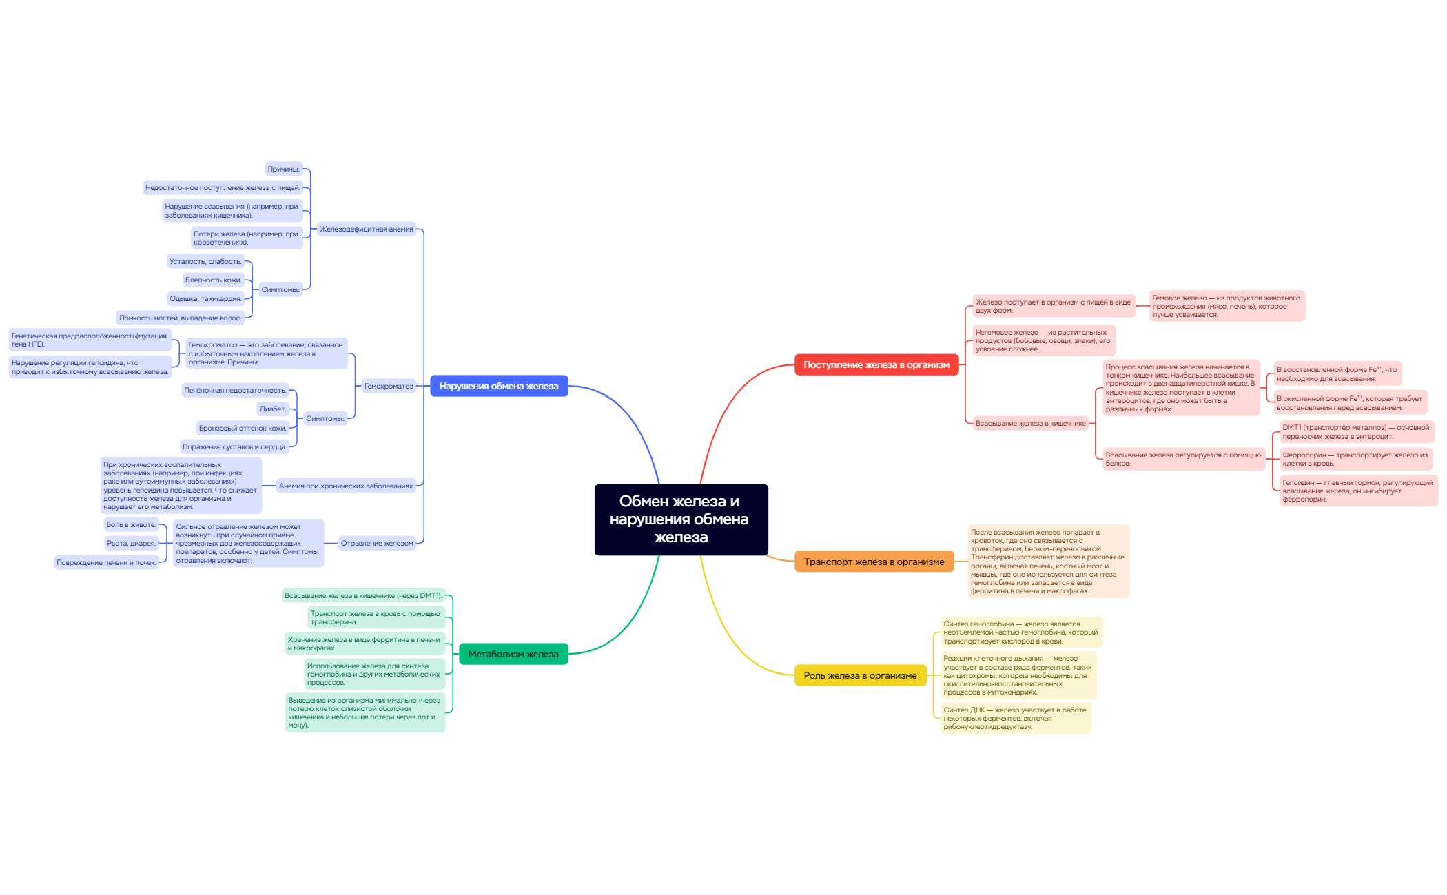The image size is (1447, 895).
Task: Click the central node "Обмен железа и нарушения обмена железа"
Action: [681, 519]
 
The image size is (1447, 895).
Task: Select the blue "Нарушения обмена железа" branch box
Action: [499, 386]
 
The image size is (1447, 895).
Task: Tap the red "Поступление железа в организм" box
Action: [876, 364]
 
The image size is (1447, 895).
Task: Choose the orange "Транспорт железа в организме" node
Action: [874, 562]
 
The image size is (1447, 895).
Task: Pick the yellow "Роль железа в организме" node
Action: [860, 675]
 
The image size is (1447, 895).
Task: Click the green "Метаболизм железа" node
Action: [513, 654]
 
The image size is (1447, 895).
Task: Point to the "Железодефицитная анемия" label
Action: [367, 229]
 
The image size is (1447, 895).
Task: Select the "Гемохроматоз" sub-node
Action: [389, 386]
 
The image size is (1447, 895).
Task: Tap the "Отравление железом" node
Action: [377, 543]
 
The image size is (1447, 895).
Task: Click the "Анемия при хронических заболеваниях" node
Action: [346, 486]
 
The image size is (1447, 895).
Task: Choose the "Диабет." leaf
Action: [273, 409]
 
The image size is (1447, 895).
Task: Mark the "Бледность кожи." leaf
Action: [214, 280]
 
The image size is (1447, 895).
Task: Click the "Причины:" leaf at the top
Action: [284, 169]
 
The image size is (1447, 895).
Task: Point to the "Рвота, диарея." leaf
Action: [132, 543]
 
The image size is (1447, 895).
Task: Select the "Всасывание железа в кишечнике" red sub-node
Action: [1030, 423]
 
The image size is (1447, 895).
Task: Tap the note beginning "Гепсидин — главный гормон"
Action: [1358, 491]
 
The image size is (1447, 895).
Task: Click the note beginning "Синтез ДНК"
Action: [1016, 718]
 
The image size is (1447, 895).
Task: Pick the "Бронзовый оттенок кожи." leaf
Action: [243, 428]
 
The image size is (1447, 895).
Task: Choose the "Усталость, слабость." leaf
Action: [206, 261]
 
